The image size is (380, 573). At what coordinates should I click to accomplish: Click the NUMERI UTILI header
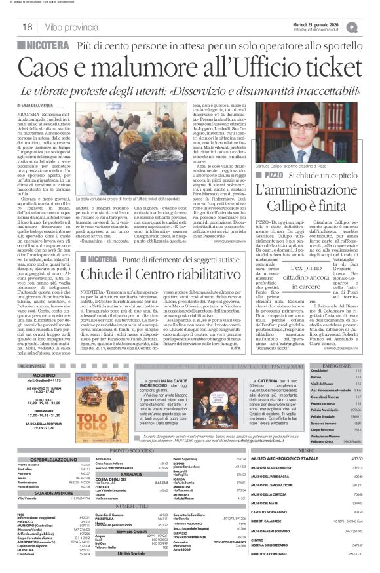131,506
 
